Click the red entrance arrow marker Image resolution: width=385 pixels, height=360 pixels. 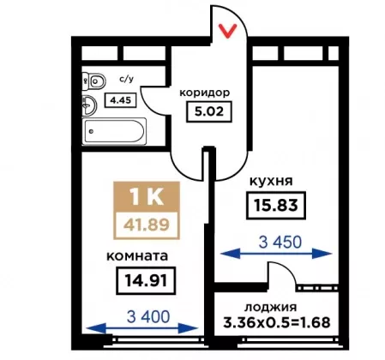point(227,31)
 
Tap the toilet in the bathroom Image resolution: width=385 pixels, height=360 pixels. point(94,81)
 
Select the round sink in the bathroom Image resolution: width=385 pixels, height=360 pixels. point(89,105)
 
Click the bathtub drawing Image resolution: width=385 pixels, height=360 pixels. point(114,131)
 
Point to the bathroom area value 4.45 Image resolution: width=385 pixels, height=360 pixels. point(120,100)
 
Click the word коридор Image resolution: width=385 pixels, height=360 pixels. point(205,93)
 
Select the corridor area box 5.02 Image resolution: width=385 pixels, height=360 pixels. point(209,111)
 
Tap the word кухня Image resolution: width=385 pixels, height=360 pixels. point(271,181)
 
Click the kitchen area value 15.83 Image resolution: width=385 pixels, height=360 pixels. point(276,205)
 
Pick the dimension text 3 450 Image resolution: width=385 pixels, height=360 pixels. point(280,242)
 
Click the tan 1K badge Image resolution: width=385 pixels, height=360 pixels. point(147,196)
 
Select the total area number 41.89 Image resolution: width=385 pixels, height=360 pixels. point(147,225)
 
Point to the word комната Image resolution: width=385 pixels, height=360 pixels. point(137,256)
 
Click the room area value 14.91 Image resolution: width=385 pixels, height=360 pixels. point(146,280)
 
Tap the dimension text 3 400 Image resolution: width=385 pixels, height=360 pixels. point(148,316)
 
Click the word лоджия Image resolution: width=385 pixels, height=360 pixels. point(270,308)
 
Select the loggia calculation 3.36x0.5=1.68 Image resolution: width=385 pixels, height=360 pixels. point(277,322)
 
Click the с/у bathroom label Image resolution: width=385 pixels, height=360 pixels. point(126,79)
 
